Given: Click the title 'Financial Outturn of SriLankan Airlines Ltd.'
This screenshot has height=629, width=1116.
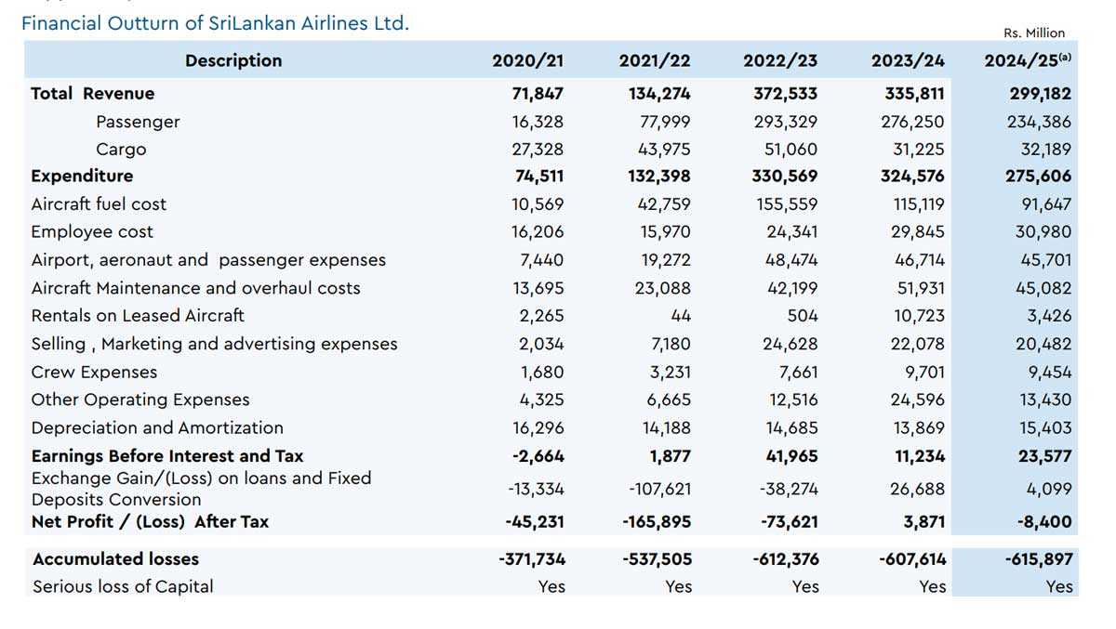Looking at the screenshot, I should coord(215,23).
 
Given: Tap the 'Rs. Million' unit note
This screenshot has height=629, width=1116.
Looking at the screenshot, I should coord(1034,33).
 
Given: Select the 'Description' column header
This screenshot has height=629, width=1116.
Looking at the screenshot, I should coord(233,60).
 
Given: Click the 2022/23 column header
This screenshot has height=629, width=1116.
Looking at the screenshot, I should coord(780,60).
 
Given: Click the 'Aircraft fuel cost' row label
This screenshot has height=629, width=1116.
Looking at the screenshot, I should coord(99,203).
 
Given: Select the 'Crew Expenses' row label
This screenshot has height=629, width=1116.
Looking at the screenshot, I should coord(94,372).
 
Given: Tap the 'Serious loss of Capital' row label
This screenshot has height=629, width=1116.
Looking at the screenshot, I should coord(123,586).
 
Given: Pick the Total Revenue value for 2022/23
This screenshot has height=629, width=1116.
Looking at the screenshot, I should coord(786,93).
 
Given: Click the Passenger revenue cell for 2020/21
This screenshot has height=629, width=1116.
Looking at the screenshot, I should coord(538,122).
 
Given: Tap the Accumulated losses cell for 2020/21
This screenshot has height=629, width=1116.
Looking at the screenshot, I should coord(531,558).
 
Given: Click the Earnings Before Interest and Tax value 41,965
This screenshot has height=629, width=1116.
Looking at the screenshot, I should coord(788,455).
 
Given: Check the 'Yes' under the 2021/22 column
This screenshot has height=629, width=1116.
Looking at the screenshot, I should coord(678,586).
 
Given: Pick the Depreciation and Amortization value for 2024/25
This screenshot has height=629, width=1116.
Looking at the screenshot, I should coord(1044,428).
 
